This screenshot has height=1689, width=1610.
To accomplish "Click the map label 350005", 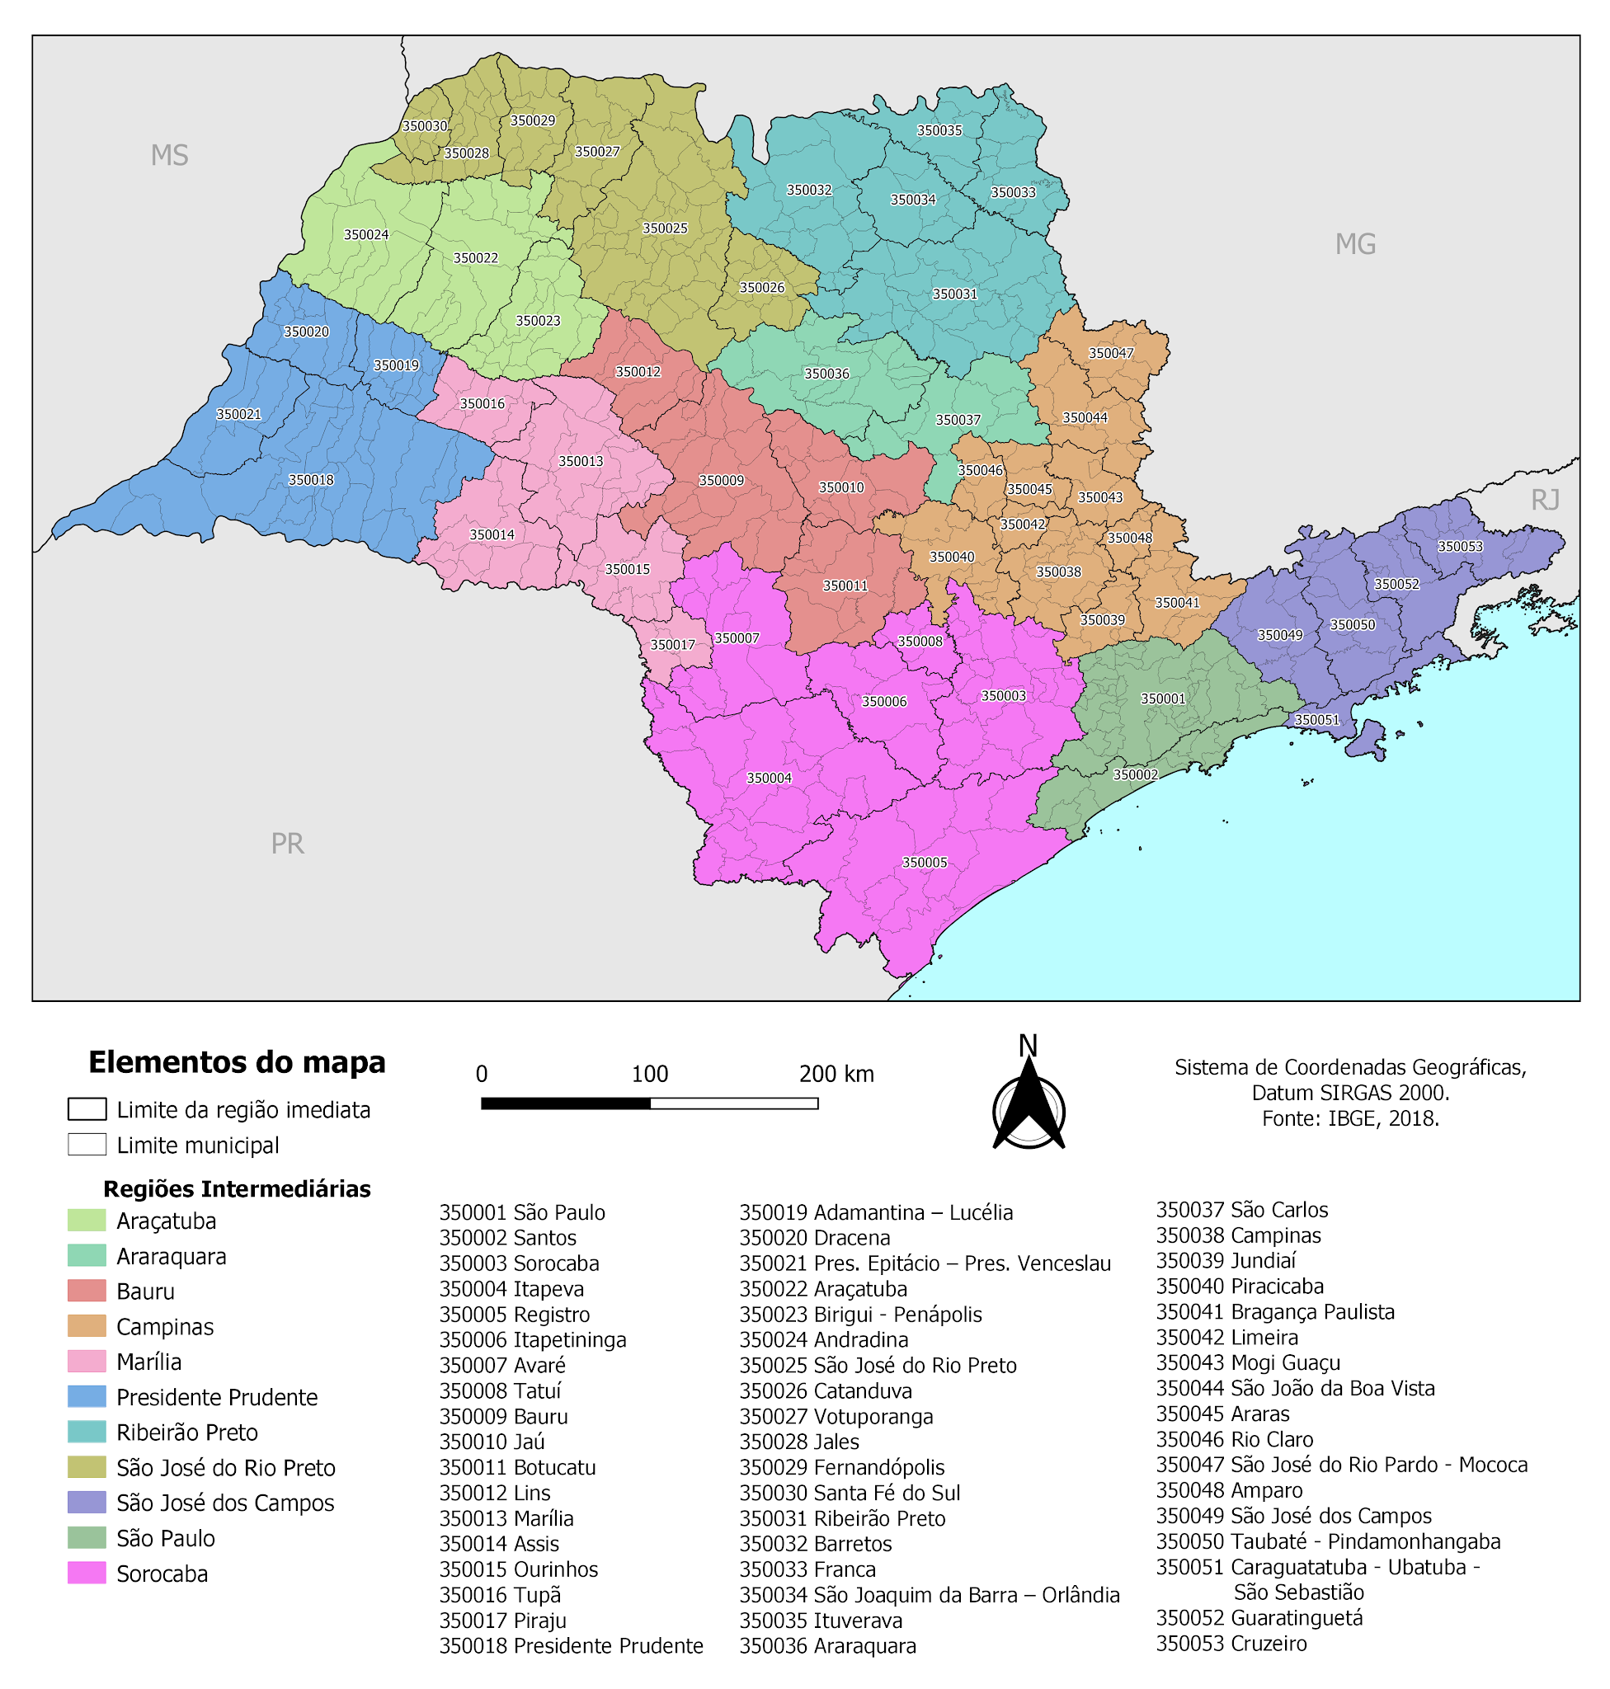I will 925,863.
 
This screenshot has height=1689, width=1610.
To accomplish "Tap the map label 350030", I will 425,126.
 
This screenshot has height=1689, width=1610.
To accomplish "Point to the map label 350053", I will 1460,546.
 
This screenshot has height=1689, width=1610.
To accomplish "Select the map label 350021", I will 238,414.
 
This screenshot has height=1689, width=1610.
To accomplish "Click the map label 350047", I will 1110,353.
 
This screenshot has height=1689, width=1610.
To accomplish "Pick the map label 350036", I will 826,374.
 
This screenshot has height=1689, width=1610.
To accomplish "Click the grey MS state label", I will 169,155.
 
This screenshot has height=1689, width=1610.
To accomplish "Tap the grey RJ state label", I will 1545,500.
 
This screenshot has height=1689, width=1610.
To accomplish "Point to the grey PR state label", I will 288,844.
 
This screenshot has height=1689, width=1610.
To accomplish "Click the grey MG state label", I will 1355,245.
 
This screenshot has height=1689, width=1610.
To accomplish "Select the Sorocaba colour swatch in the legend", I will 87,1574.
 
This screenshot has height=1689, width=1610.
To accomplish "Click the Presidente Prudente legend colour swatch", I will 87,1396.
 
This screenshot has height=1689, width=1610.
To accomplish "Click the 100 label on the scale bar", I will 650,1074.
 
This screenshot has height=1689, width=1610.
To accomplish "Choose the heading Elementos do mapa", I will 237,1061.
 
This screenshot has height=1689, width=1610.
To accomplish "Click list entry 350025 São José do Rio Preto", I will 877,1365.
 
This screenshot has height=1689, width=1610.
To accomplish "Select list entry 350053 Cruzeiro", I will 1231,1643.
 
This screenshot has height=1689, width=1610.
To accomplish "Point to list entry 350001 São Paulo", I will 522,1211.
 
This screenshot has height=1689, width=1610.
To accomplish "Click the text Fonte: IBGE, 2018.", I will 1349,1118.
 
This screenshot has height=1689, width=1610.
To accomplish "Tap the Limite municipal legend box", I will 87,1144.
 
